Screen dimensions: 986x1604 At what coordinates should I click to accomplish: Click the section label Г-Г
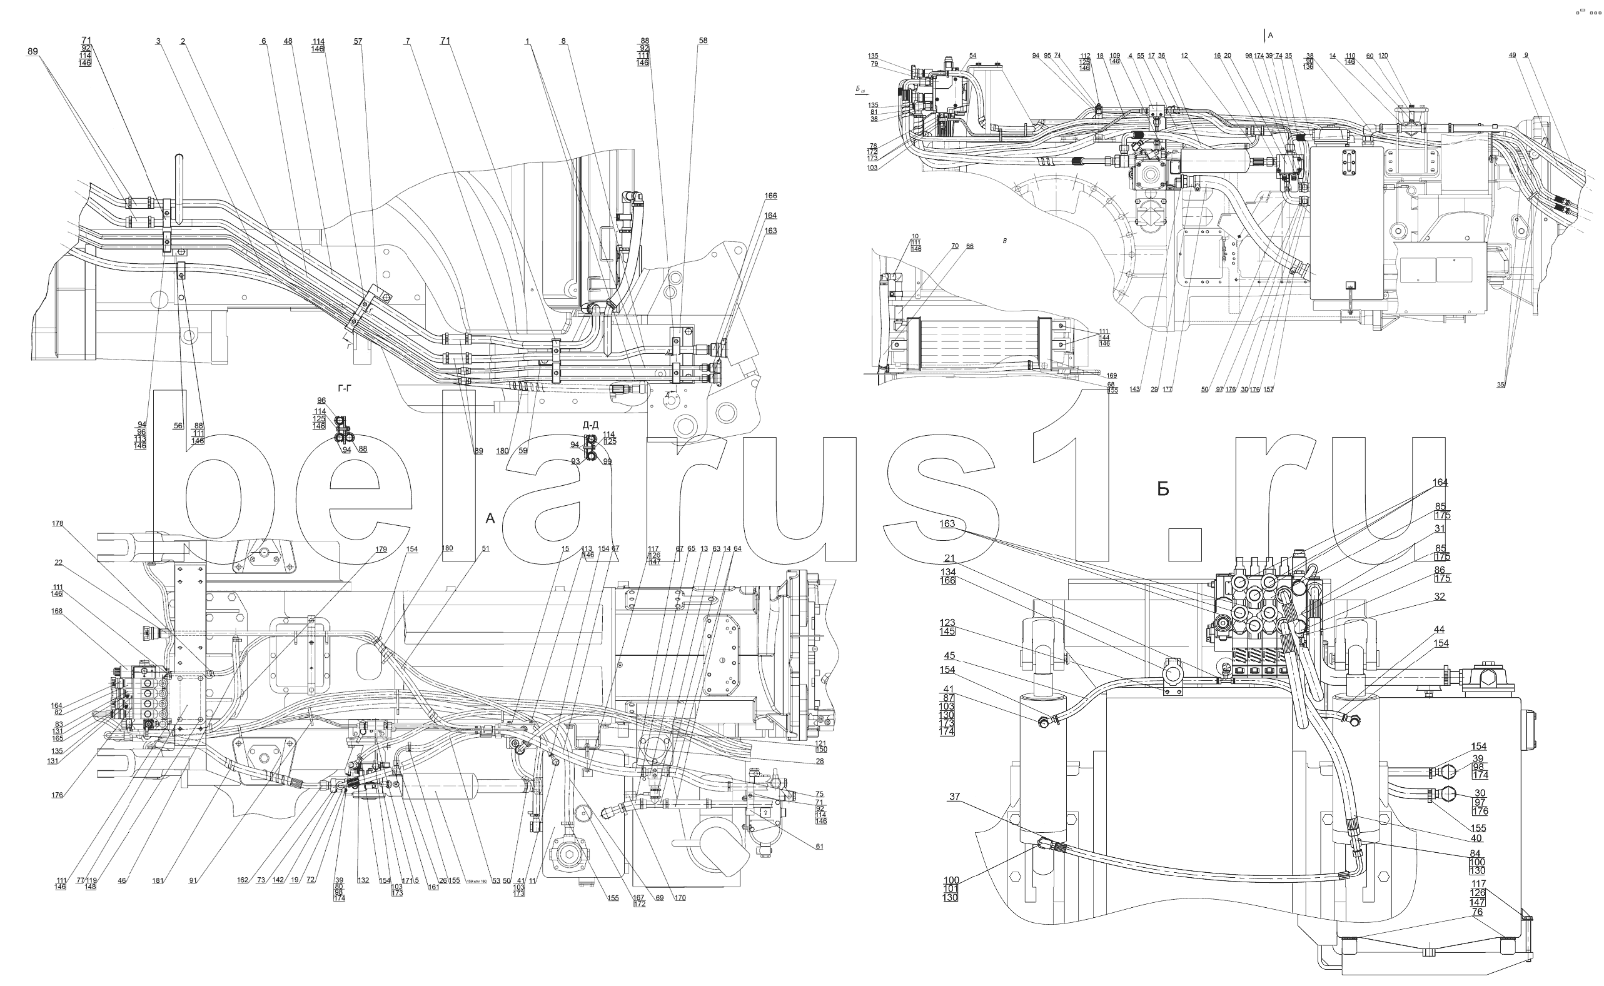click(x=345, y=389)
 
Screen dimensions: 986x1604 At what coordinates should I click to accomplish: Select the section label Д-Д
click(x=590, y=425)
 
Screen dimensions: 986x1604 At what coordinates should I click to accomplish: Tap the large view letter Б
click(x=1163, y=489)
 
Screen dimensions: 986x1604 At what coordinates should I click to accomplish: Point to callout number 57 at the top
click(x=357, y=42)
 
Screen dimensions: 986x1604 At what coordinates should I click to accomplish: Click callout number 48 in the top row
click(x=288, y=42)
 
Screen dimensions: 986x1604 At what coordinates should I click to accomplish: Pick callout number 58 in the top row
click(x=703, y=41)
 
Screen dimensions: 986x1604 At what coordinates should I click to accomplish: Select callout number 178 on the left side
click(x=58, y=523)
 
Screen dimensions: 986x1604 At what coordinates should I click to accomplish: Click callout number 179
click(x=381, y=549)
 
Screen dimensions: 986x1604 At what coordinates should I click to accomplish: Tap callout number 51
click(x=485, y=548)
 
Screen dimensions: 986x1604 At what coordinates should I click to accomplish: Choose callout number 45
click(x=949, y=656)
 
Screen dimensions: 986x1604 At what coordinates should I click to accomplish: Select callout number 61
click(x=819, y=847)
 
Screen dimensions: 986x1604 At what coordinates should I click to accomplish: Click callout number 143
click(x=1134, y=390)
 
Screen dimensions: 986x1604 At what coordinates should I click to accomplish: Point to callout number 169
click(x=1112, y=376)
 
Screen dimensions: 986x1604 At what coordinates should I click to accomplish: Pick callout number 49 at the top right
click(x=1513, y=56)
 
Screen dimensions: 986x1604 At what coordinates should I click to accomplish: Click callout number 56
click(x=178, y=425)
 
